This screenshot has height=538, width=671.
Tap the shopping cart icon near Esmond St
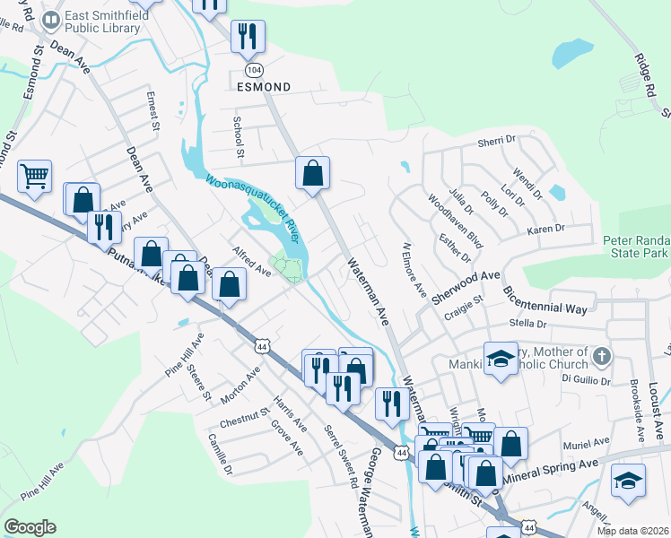click(x=34, y=176)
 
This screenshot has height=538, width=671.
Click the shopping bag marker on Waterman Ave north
click(x=313, y=173)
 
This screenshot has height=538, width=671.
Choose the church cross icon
click(x=601, y=357)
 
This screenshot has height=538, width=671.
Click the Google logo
click(x=30, y=527)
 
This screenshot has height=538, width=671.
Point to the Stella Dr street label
click(x=527, y=323)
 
